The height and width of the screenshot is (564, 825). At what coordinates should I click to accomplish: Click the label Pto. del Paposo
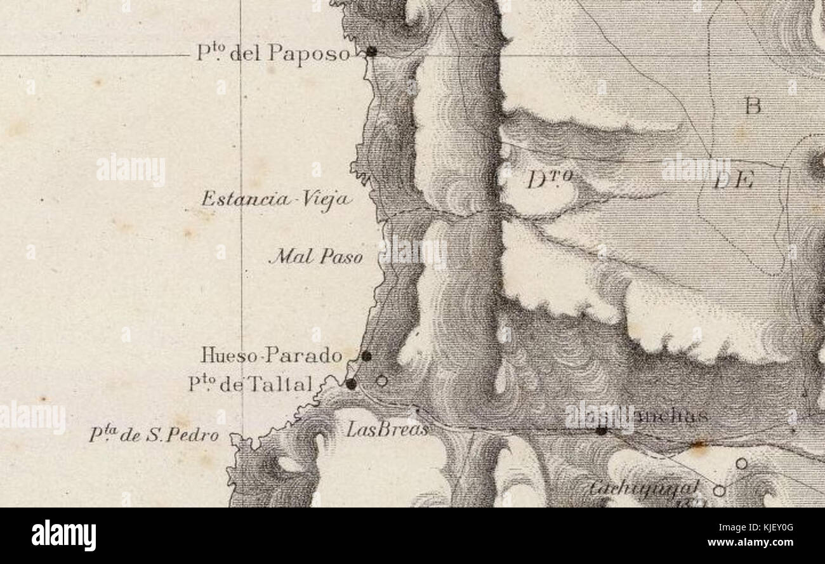(x=273, y=53)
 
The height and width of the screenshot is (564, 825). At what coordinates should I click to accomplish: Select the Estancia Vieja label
(x=277, y=200)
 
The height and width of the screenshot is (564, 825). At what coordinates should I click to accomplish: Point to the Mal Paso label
(x=316, y=257)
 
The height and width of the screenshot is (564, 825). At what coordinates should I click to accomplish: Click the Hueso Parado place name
(x=272, y=355)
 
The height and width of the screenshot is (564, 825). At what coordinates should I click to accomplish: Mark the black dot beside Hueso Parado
(x=366, y=357)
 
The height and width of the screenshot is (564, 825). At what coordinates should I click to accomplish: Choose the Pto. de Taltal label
(x=251, y=384)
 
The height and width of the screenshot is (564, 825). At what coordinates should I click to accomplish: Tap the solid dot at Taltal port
(x=351, y=383)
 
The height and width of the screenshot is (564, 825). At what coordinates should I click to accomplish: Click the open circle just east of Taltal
(x=381, y=381)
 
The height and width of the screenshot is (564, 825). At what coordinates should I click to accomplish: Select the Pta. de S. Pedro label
(x=154, y=436)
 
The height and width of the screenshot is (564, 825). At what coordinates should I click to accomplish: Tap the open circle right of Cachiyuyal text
(x=718, y=490)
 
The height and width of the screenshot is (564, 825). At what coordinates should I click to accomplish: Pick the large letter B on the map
(x=753, y=106)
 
